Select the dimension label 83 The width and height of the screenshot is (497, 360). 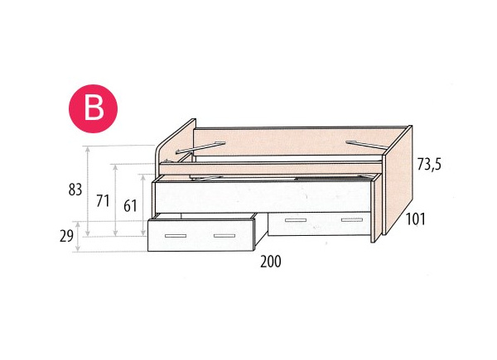[75, 190]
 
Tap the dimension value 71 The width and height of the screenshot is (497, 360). [103, 200]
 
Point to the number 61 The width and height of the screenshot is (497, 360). [130, 206]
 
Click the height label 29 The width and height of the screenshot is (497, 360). [67, 236]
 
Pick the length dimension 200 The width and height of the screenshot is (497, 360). [270, 262]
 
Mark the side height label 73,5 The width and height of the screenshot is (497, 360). [428, 165]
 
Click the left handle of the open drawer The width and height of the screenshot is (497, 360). [176, 236]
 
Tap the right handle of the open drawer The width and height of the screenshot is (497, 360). [224, 236]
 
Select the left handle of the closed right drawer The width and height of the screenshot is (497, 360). [295, 220]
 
